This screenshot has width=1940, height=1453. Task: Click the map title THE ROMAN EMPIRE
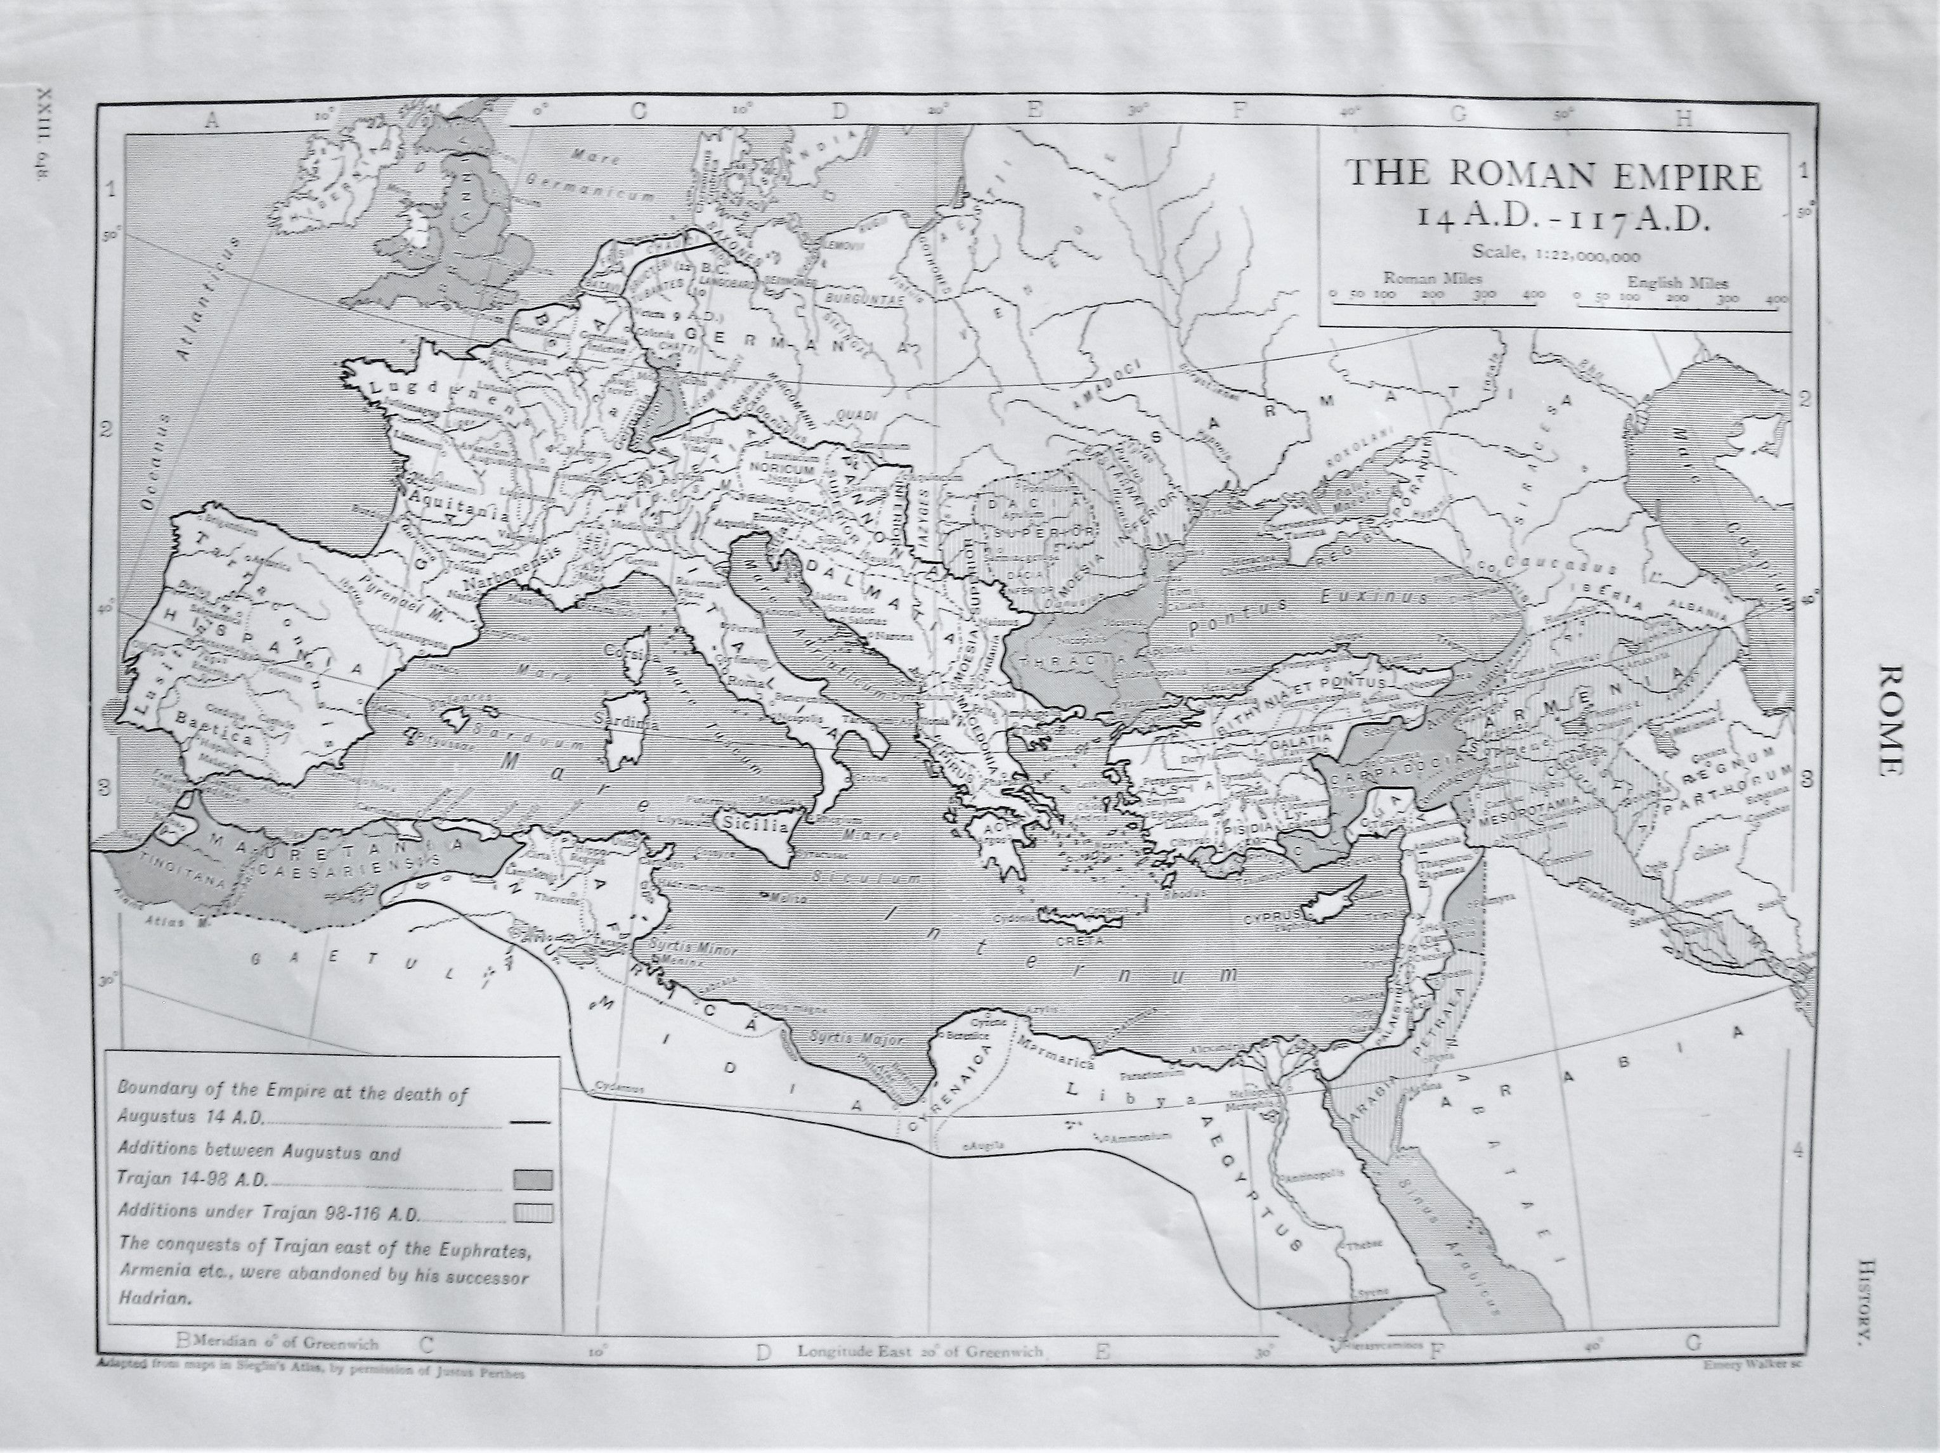click(x=1553, y=176)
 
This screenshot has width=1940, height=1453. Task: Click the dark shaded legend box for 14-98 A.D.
click(x=531, y=1179)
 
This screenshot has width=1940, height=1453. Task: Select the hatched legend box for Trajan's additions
click(x=531, y=1213)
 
